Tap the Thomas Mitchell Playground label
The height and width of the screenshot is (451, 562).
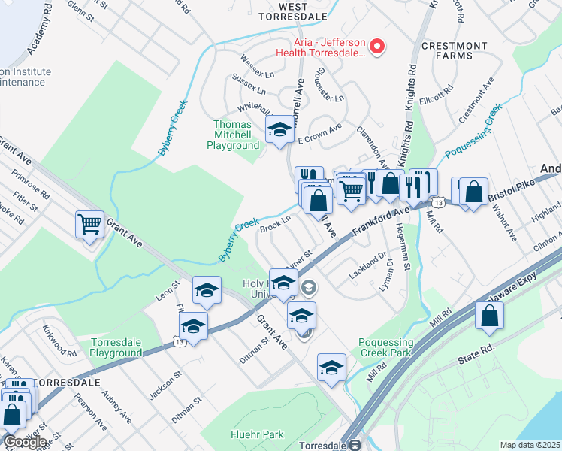pos(233,135)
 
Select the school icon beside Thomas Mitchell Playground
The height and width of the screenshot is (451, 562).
pos(279,129)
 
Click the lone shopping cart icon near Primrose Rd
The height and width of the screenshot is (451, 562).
pos(89,223)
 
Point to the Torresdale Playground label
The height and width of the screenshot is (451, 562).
pos(116,347)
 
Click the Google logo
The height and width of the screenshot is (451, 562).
pos(25,442)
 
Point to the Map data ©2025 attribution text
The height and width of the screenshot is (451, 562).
pos(530,445)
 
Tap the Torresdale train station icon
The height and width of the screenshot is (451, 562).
pos(355,444)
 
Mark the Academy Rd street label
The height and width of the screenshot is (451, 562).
pos(41,35)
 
